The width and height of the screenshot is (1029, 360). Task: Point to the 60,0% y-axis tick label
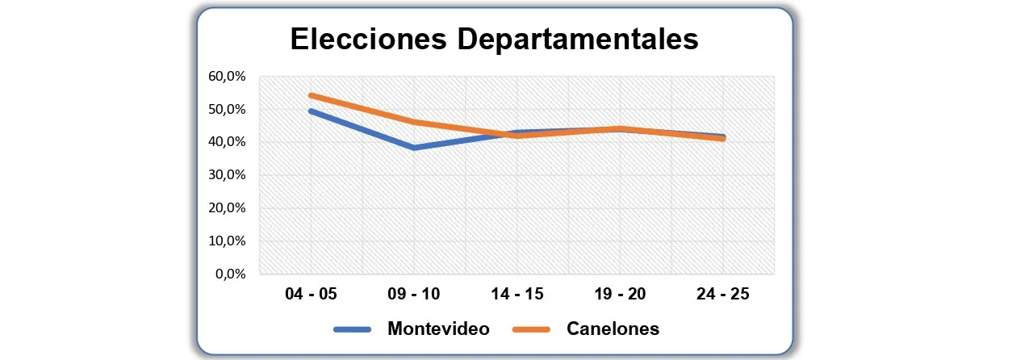(x=227, y=77)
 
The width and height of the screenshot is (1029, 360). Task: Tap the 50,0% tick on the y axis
(x=227, y=109)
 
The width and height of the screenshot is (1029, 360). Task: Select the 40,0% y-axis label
(x=227, y=142)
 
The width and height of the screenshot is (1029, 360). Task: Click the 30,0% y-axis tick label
(x=227, y=175)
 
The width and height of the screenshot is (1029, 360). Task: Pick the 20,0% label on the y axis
(x=227, y=207)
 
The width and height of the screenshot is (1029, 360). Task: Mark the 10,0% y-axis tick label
(x=227, y=241)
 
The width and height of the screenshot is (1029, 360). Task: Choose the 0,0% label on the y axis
(x=230, y=274)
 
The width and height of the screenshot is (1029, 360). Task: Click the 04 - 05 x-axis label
(x=311, y=294)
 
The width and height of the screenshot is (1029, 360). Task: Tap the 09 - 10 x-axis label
(x=414, y=294)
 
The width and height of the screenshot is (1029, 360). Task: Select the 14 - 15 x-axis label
(x=517, y=294)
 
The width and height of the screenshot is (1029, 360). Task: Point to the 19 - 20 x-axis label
(x=620, y=294)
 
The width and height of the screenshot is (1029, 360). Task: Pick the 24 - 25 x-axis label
(x=722, y=294)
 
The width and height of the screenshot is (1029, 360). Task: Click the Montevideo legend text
(x=438, y=329)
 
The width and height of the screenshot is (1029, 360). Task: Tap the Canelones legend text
(x=613, y=329)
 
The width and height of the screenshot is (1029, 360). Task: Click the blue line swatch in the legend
(x=352, y=329)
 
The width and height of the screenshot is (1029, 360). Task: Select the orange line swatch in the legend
(x=531, y=329)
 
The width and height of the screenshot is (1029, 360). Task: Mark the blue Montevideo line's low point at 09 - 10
(x=414, y=148)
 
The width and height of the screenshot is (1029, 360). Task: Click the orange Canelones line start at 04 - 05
(x=312, y=95)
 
